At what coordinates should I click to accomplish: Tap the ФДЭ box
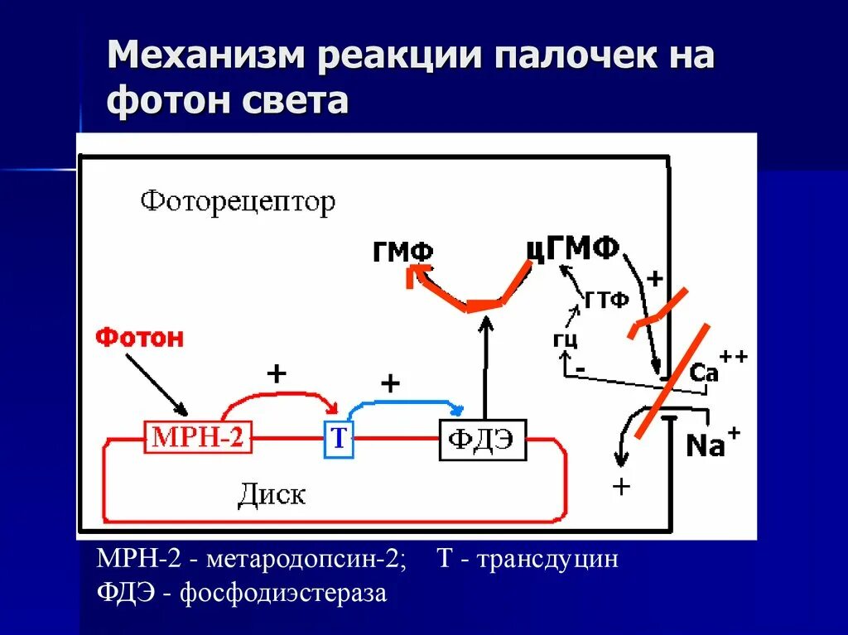click(x=482, y=440)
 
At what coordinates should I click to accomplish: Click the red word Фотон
click(x=139, y=338)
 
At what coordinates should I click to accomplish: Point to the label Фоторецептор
click(x=238, y=201)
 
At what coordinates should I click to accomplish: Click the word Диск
click(x=272, y=494)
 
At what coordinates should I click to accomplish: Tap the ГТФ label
click(x=607, y=301)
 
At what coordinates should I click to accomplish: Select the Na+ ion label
click(x=711, y=445)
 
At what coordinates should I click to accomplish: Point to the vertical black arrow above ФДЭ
click(x=484, y=368)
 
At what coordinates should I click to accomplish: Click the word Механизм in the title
click(x=205, y=59)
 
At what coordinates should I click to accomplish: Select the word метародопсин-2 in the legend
click(x=306, y=560)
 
